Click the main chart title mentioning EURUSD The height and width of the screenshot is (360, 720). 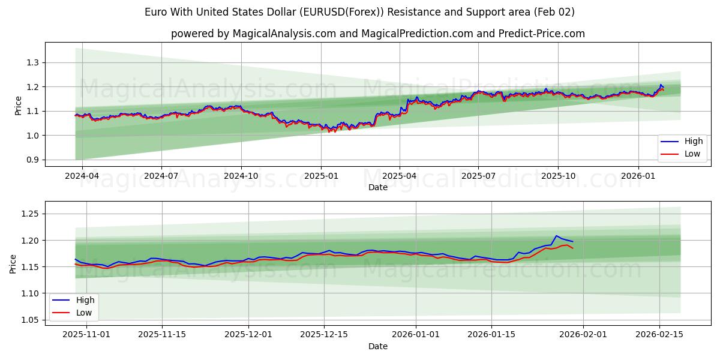point(359,12)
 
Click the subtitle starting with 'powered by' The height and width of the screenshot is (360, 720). point(377,34)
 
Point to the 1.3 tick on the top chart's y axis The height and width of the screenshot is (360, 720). point(32,62)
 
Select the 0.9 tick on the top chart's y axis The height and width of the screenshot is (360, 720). point(32,160)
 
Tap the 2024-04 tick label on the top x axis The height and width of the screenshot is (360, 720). point(82,176)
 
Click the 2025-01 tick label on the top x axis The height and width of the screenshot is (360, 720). point(320,176)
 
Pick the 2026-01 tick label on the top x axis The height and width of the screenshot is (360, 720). point(638,176)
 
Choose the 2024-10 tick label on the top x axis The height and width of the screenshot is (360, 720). point(241,176)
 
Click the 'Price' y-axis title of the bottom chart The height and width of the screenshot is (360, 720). point(13,264)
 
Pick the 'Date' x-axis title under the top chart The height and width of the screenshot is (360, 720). point(377,187)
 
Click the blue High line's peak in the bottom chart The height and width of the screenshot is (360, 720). point(556,236)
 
